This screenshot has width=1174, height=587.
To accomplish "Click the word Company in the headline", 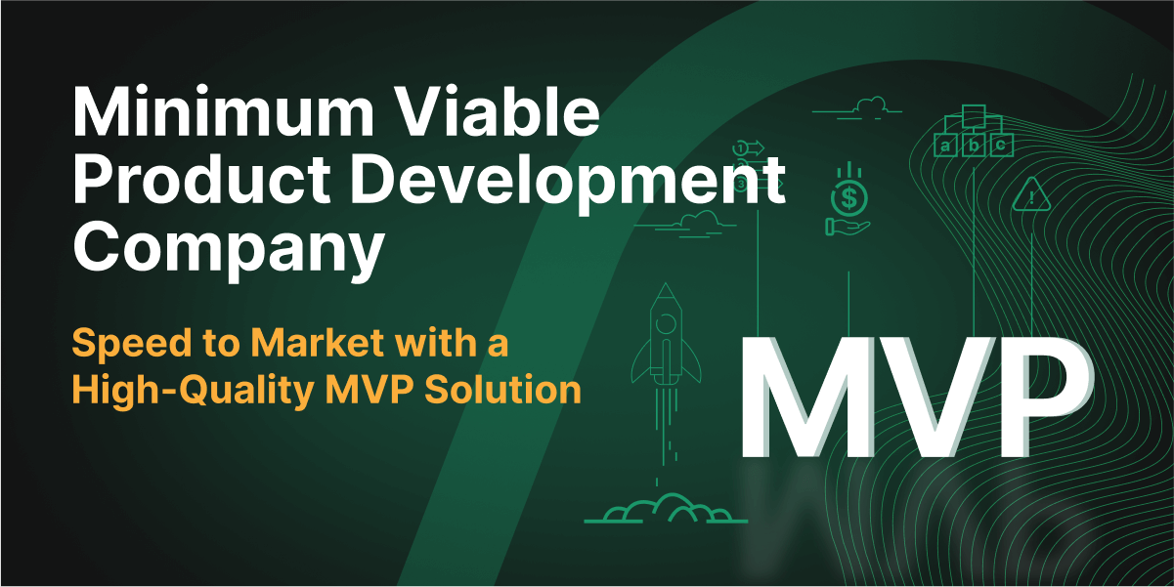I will point(228,250).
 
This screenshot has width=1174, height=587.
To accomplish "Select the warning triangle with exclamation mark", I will point(1030,195).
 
